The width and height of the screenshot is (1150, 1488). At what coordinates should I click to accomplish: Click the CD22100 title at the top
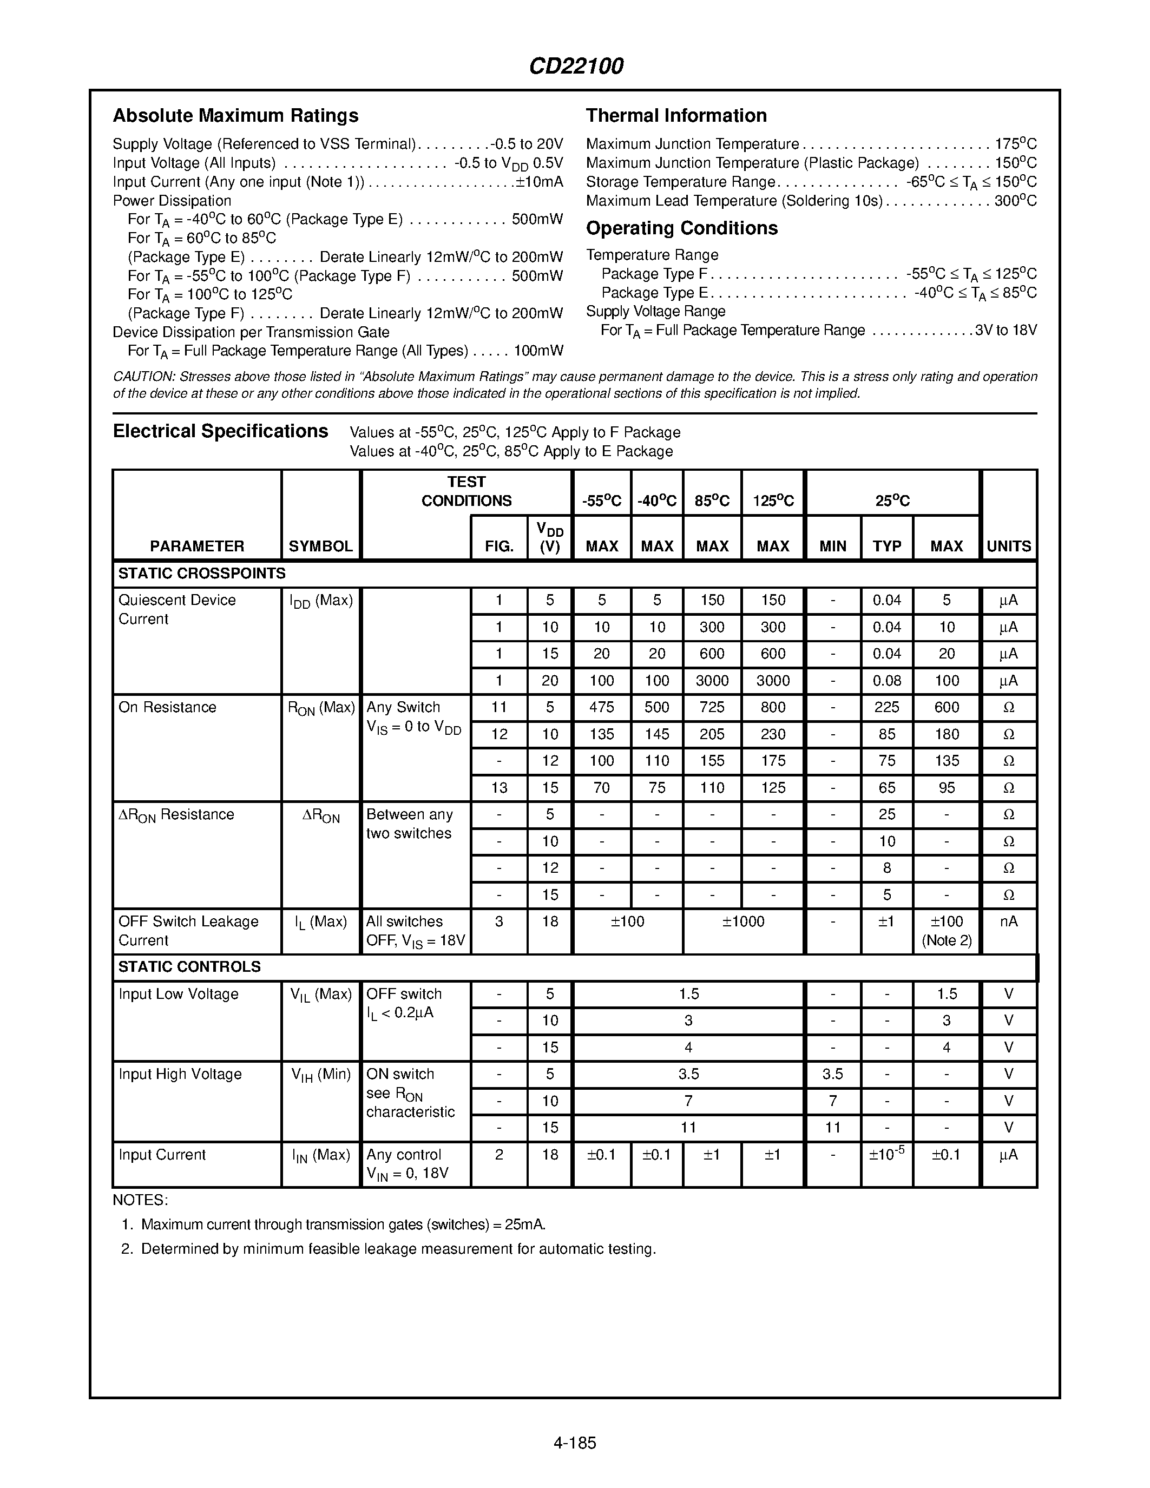[576, 66]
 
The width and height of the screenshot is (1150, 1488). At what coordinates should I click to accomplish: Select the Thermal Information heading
[676, 116]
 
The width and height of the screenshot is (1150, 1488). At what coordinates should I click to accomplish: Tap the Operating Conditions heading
[681, 228]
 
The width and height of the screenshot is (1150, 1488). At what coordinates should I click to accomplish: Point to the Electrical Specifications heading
[220, 431]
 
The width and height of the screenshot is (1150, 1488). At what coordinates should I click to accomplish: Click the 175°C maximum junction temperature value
[1016, 144]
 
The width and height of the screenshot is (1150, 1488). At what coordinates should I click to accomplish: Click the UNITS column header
[1009, 547]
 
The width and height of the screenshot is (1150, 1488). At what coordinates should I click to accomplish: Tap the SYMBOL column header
[320, 547]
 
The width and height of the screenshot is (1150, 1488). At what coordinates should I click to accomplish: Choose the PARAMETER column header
[197, 547]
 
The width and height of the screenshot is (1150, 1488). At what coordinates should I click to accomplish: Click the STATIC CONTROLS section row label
[189, 967]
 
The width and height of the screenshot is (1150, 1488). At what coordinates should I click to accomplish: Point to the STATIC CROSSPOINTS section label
[202, 574]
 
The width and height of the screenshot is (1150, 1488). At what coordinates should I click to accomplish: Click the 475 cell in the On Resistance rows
[602, 707]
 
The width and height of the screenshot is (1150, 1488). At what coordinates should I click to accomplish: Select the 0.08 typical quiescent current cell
[886, 681]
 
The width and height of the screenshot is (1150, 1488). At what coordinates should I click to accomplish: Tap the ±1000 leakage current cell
[742, 922]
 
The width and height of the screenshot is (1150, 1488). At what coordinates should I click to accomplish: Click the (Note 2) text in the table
[947, 941]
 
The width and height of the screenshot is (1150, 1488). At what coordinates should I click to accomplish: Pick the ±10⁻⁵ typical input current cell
[886, 1154]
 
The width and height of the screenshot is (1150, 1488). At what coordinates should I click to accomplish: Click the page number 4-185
[575, 1443]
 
